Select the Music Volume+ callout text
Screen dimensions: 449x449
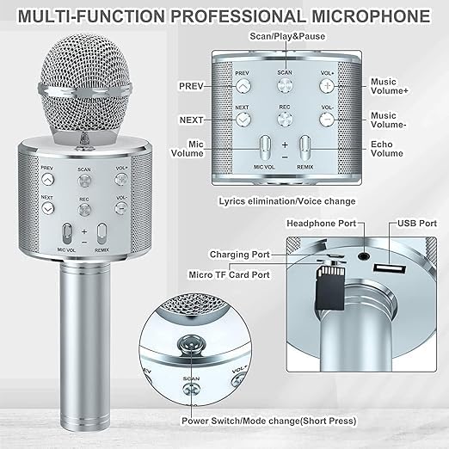pos(390,87)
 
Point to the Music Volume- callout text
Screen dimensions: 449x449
pos(390,120)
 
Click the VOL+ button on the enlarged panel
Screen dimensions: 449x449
pos(326,86)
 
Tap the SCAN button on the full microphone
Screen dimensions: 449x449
pos(84,181)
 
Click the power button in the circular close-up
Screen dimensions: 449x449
pos(191,345)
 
